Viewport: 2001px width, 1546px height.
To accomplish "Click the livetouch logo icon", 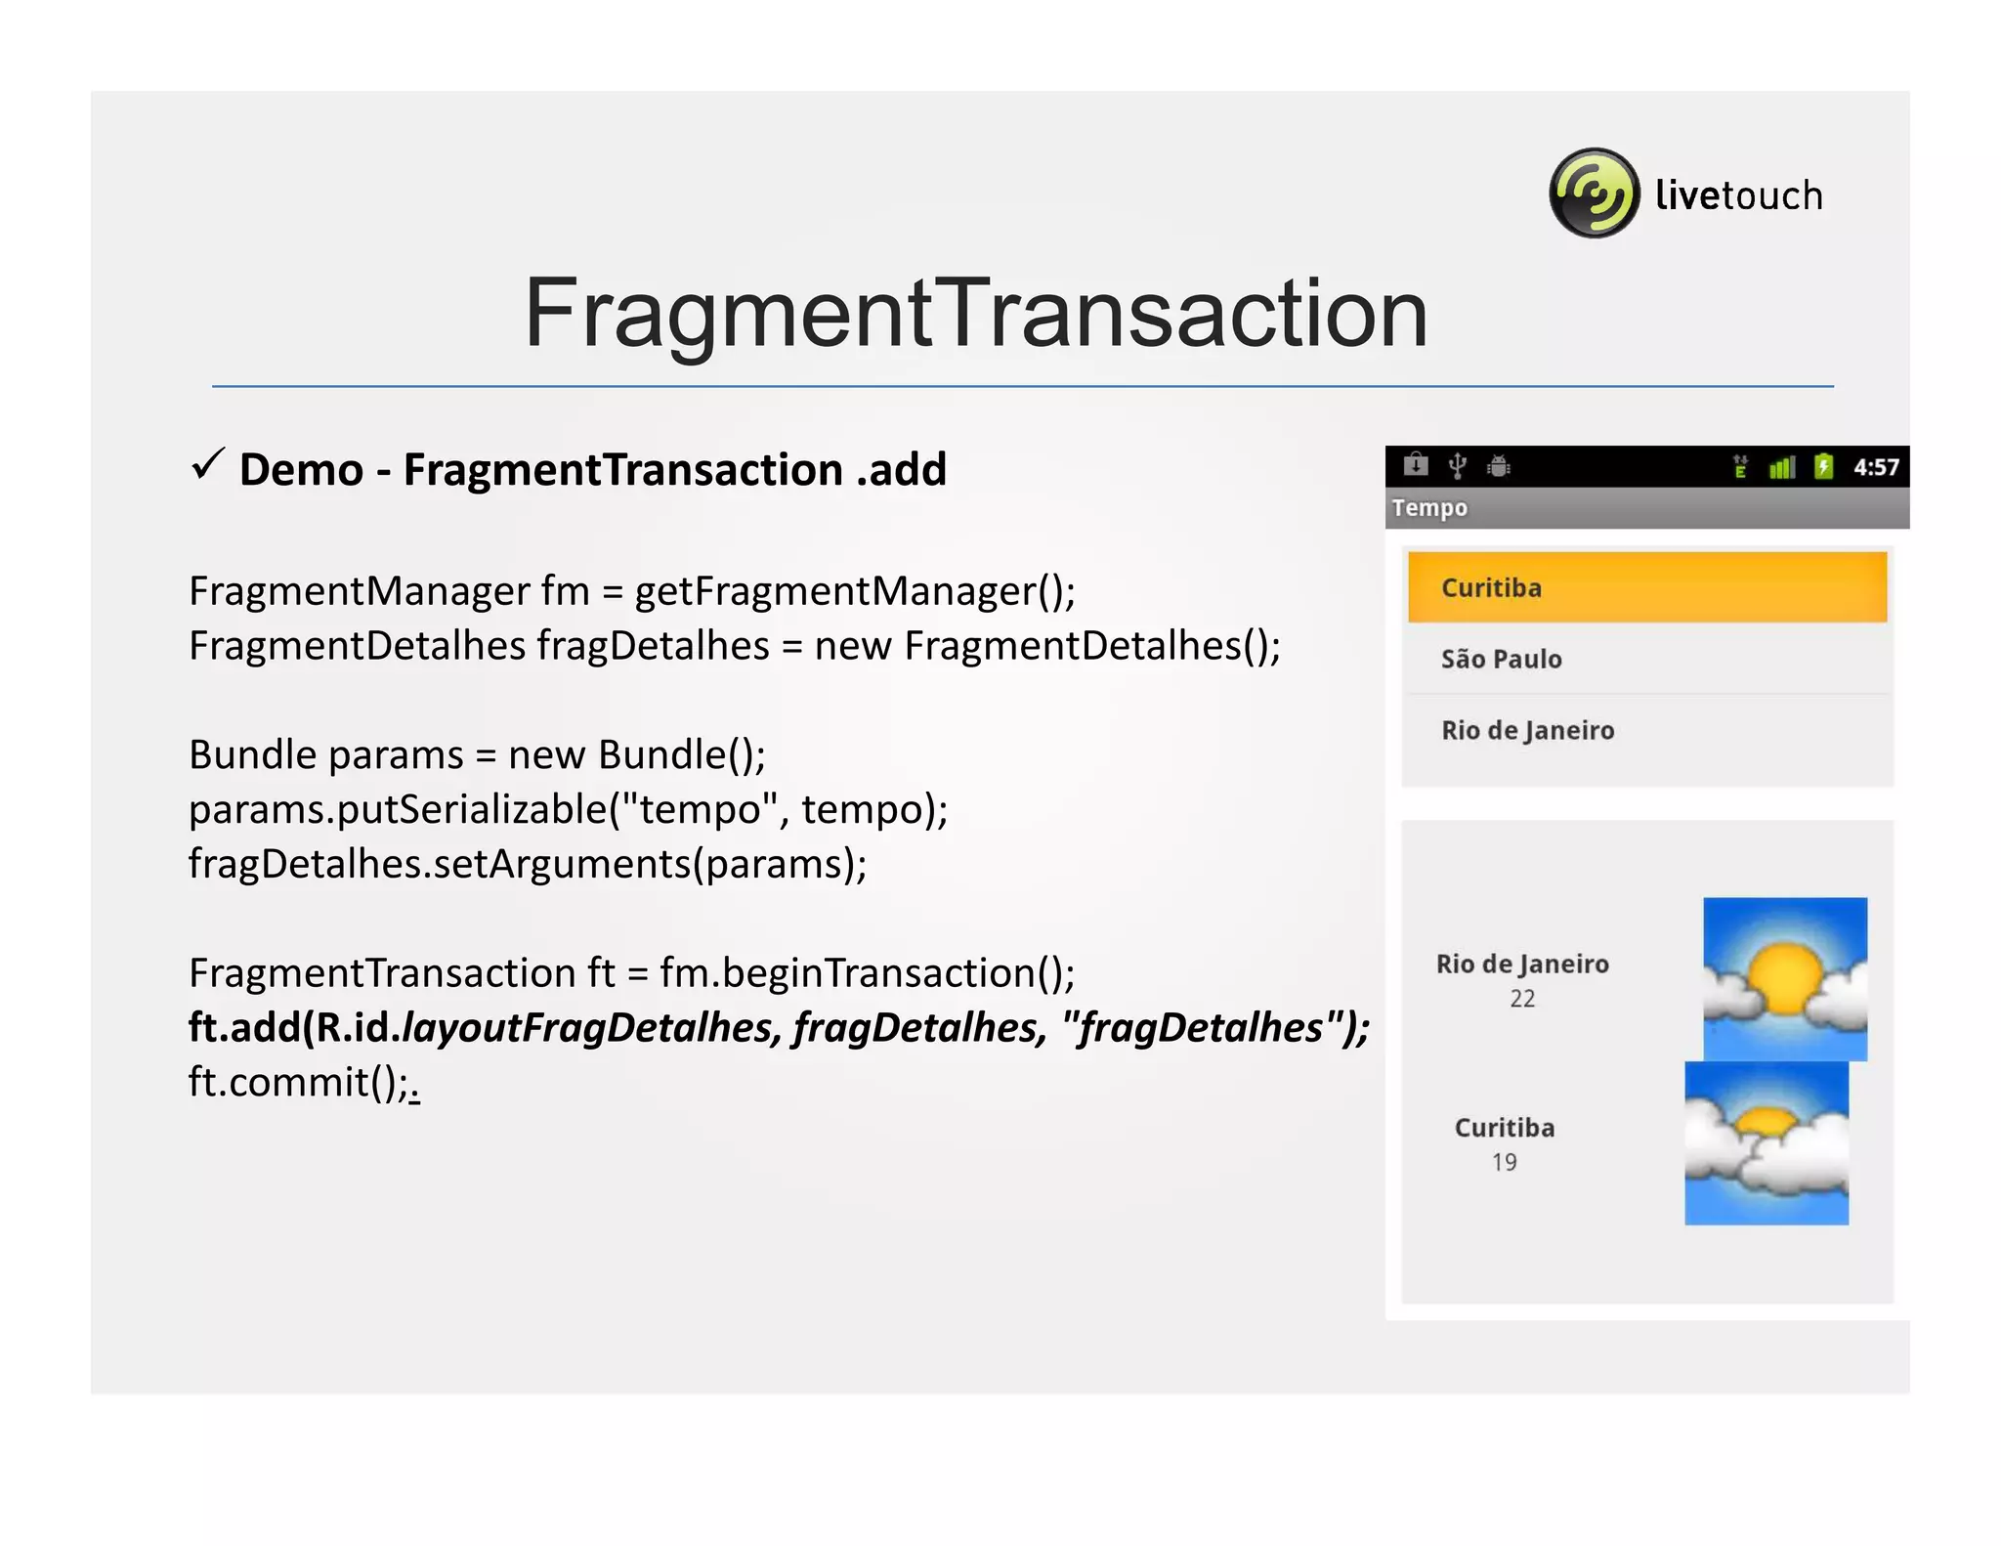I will pos(1594,193).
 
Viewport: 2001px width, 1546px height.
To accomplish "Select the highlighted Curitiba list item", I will pos(1646,587).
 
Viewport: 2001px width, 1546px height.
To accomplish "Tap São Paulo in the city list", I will pos(1502,659).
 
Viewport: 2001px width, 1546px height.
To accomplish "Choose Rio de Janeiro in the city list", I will pos(1527,730).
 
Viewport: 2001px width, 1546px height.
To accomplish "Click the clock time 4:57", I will pos(1876,467).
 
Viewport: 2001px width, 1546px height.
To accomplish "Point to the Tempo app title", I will pos(1429,508).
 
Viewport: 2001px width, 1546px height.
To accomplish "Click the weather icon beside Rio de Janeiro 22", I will pos(1784,978).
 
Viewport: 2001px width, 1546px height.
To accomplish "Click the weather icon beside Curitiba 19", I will pos(1766,1142).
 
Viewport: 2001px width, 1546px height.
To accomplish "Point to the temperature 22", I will pos(1522,999).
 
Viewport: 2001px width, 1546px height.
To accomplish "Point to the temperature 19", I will pos(1504,1162).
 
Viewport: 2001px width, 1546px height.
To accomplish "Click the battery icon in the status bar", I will pos(1823,466).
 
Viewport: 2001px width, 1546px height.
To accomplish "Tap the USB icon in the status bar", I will pos(1457,466).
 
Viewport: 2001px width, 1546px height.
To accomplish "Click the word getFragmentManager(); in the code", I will pos(855,591).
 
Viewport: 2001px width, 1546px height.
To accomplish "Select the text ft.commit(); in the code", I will pos(299,1083).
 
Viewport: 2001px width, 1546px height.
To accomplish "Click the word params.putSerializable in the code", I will pos(398,810).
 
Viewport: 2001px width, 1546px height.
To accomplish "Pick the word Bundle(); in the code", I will pos(682,755).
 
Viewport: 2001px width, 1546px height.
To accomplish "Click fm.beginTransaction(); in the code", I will pos(867,973).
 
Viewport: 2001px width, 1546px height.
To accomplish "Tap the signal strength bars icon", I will pos(1781,467).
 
